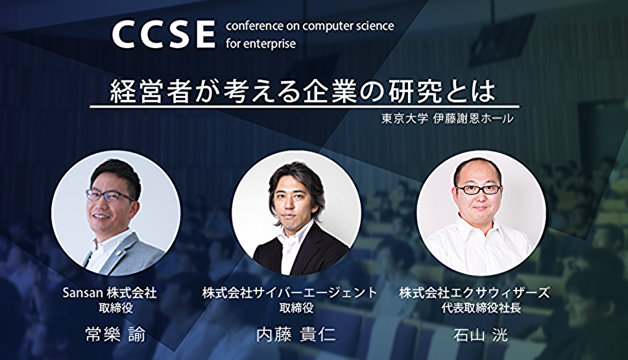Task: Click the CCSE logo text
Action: (163, 34)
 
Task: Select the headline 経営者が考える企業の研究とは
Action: (303, 92)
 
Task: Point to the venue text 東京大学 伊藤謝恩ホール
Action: (447, 119)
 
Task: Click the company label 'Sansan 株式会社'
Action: (110, 293)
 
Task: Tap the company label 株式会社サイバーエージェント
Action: (289, 293)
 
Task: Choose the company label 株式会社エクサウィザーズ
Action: (475, 293)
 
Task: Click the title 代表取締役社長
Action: (481, 308)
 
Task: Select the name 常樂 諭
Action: (115, 334)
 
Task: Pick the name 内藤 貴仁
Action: (296, 334)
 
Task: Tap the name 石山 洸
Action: (480, 334)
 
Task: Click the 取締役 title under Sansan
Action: (115, 308)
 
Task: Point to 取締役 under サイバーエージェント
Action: (296, 308)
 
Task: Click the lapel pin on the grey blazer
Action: (119, 253)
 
